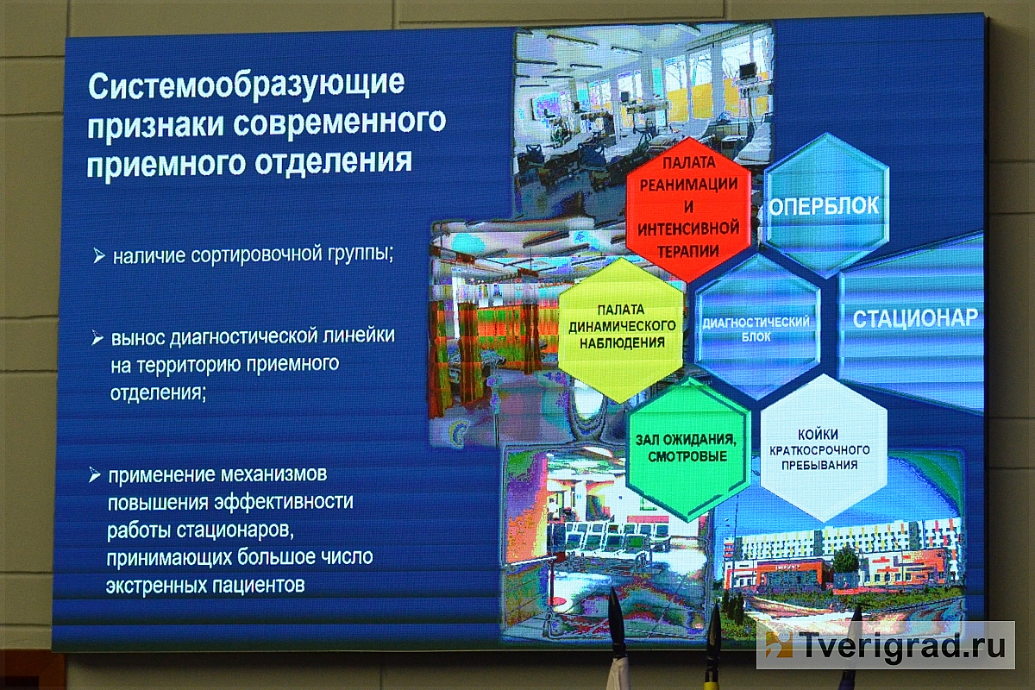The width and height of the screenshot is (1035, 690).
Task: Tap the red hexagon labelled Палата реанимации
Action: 688,208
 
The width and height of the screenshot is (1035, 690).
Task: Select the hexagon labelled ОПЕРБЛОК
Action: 825,205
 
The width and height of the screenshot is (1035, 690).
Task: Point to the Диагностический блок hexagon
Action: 757,327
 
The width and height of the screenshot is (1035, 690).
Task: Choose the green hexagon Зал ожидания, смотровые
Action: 687,448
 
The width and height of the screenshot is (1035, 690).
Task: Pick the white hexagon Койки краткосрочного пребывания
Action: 824,448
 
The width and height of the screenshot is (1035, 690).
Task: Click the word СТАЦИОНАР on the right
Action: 915,318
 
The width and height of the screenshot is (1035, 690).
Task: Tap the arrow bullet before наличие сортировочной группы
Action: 98,255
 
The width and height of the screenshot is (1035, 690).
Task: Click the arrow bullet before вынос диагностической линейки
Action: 97,338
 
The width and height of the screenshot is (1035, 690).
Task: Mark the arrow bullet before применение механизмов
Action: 94,474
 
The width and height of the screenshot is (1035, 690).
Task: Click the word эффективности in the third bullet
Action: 284,502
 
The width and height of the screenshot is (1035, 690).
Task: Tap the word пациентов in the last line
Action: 258,585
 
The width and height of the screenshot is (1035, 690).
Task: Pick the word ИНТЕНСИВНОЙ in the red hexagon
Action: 688,229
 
